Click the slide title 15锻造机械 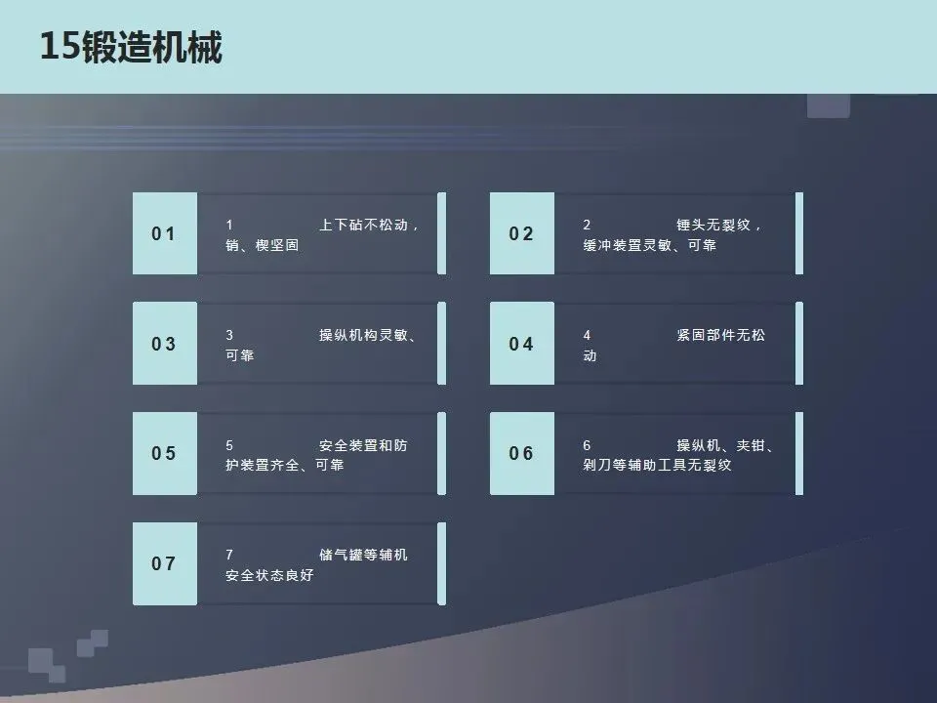pos(131,47)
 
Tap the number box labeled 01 pos(164,233)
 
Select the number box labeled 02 pos(522,233)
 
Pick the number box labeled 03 pos(164,344)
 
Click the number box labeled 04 pos(522,344)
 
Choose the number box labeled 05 pos(164,453)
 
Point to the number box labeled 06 pos(522,453)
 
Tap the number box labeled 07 pos(164,563)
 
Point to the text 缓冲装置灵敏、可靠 pos(649,245)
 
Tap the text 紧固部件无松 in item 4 pos(720,335)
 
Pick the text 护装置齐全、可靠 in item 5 pos(284,465)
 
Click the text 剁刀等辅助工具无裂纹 pos(657,465)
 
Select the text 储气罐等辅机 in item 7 pos(363,555)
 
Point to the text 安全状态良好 pos(269,575)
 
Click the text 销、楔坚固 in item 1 pos(262,245)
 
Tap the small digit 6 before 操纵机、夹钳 pos(587,445)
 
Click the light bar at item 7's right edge pos(441,563)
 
